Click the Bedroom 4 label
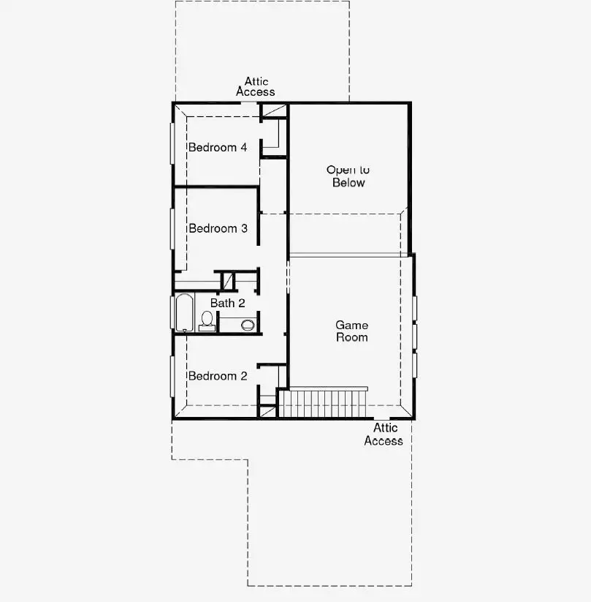pyautogui.click(x=218, y=148)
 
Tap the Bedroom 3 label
pyautogui.click(x=218, y=229)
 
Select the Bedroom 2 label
pyautogui.click(x=218, y=376)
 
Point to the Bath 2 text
pyautogui.click(x=227, y=303)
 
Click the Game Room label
pyautogui.click(x=351, y=331)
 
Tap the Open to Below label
pyautogui.click(x=348, y=176)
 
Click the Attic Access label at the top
pyautogui.click(x=256, y=87)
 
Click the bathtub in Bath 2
pyautogui.click(x=184, y=312)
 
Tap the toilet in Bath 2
pyautogui.click(x=207, y=320)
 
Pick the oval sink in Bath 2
pyautogui.click(x=248, y=324)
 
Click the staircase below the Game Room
pyautogui.click(x=323, y=403)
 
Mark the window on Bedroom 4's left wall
pyautogui.click(x=172, y=143)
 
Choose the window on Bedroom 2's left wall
pyautogui.click(x=172, y=376)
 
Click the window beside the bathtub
pyautogui.click(x=172, y=312)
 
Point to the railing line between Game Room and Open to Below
pyautogui.click(x=351, y=255)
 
